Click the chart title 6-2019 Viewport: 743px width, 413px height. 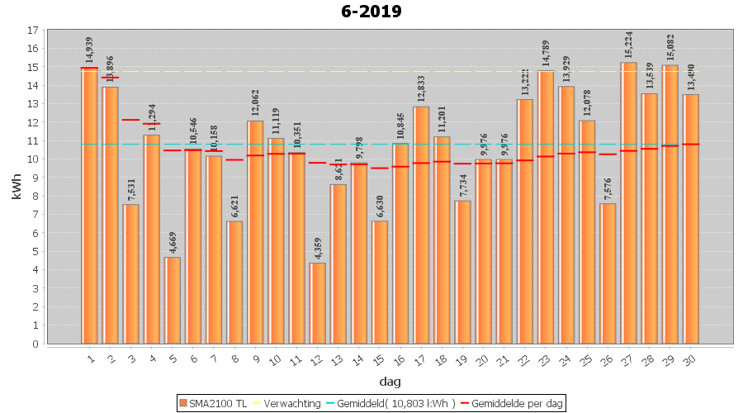click(x=371, y=12)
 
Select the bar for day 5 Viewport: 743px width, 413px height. click(x=173, y=301)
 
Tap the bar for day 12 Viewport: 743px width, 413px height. click(x=318, y=303)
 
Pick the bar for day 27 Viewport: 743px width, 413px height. click(x=629, y=203)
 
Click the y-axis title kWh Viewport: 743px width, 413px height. click(x=17, y=187)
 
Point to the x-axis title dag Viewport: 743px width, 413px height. click(x=390, y=381)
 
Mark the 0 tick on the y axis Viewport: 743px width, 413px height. click(x=33, y=344)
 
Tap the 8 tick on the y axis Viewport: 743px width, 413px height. click(x=33, y=197)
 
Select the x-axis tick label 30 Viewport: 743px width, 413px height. click(x=689, y=356)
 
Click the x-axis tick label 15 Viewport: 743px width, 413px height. click(x=378, y=356)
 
